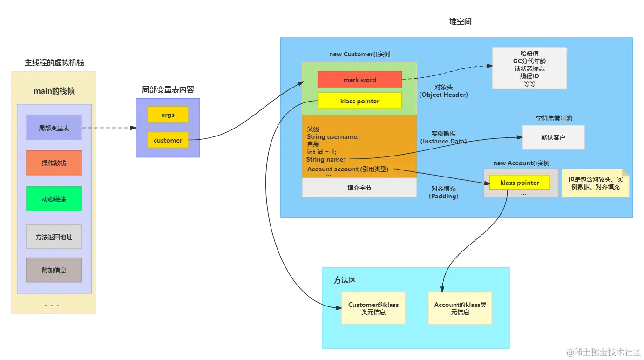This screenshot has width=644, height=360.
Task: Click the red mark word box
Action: (359, 79)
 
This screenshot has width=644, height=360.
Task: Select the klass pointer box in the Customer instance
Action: (359, 101)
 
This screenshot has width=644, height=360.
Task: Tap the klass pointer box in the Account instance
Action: (519, 183)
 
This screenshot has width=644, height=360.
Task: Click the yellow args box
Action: (168, 115)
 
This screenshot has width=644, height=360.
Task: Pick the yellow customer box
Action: (168, 140)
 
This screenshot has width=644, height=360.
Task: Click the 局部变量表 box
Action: (54, 128)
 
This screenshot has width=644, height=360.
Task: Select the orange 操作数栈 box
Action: (54, 163)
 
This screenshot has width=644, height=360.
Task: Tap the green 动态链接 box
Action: (54, 199)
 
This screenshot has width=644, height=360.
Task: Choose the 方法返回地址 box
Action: (54, 237)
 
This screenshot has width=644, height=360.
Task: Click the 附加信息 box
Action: (54, 270)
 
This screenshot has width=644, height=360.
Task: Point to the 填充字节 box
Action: (359, 188)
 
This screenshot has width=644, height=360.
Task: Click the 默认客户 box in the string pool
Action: (553, 137)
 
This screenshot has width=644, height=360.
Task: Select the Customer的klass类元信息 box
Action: (373, 308)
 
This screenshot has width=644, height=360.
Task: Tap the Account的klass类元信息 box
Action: (460, 308)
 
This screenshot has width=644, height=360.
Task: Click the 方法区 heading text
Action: (345, 280)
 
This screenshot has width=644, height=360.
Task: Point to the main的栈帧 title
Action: (54, 91)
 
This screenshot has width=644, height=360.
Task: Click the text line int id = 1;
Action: (321, 152)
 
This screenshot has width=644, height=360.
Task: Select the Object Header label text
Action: (443, 95)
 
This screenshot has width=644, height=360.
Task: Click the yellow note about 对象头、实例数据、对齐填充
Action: (595, 183)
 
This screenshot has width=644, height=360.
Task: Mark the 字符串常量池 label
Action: (553, 118)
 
